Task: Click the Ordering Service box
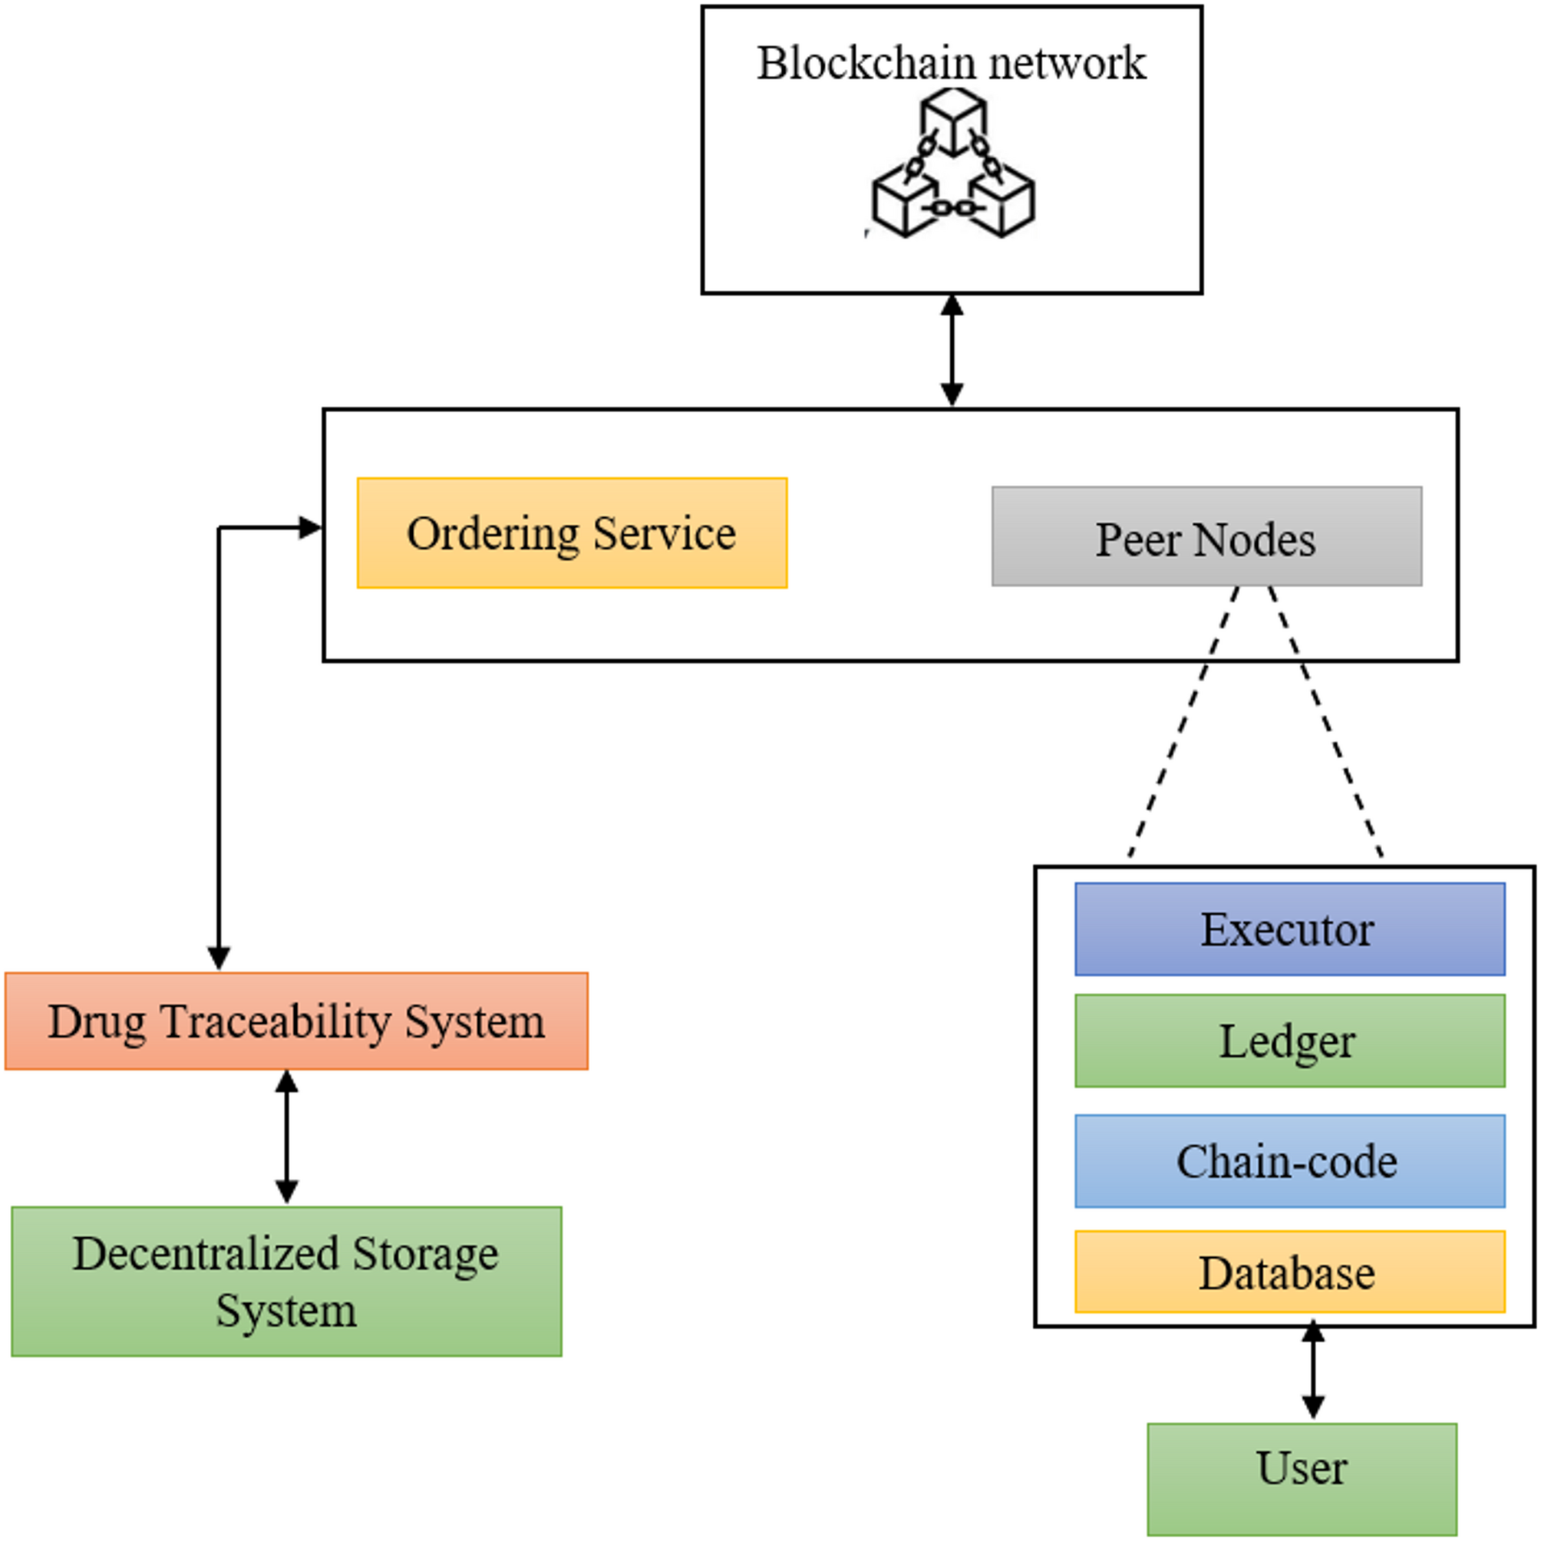coord(572,533)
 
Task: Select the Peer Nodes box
coord(1206,536)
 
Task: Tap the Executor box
coord(1289,929)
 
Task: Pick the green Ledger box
coord(1289,1040)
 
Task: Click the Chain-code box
coord(1289,1160)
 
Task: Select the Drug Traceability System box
coord(296,1021)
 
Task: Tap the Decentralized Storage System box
coord(286,1281)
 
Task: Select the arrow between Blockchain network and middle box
coord(952,351)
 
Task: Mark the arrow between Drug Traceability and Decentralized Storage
coord(286,1137)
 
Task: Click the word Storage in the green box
coord(424,1254)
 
